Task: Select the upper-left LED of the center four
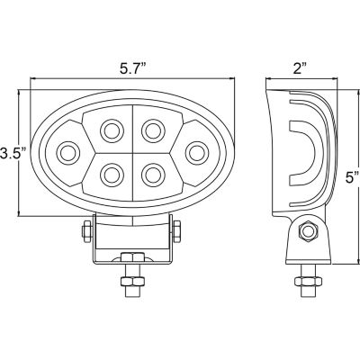[112, 128]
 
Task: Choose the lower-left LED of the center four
[112, 172]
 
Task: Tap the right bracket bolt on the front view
[181, 231]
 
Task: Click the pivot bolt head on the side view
[306, 232]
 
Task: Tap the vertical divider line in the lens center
[131, 149]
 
